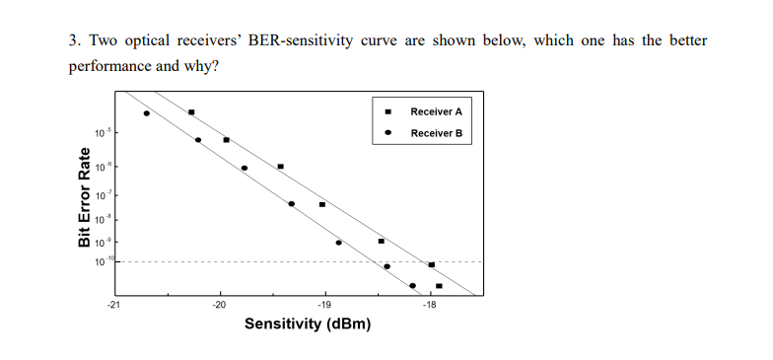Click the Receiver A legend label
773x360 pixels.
pyautogui.click(x=436, y=111)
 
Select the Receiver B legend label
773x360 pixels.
pyautogui.click(x=436, y=132)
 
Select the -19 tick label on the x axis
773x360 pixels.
pyautogui.click(x=324, y=306)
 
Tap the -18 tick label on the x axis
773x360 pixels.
pyautogui.click(x=429, y=306)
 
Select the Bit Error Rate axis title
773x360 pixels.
pyautogui.click(x=85, y=197)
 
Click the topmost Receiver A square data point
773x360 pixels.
pyautogui.click(x=191, y=112)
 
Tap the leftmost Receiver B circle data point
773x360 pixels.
pyautogui.click(x=147, y=113)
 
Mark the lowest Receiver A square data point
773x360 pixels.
pyautogui.click(x=439, y=286)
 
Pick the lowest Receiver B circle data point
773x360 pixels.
pyautogui.click(x=412, y=286)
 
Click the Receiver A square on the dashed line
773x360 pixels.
pyautogui.click(x=432, y=264)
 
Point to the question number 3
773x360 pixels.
pyautogui.click(x=74, y=41)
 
